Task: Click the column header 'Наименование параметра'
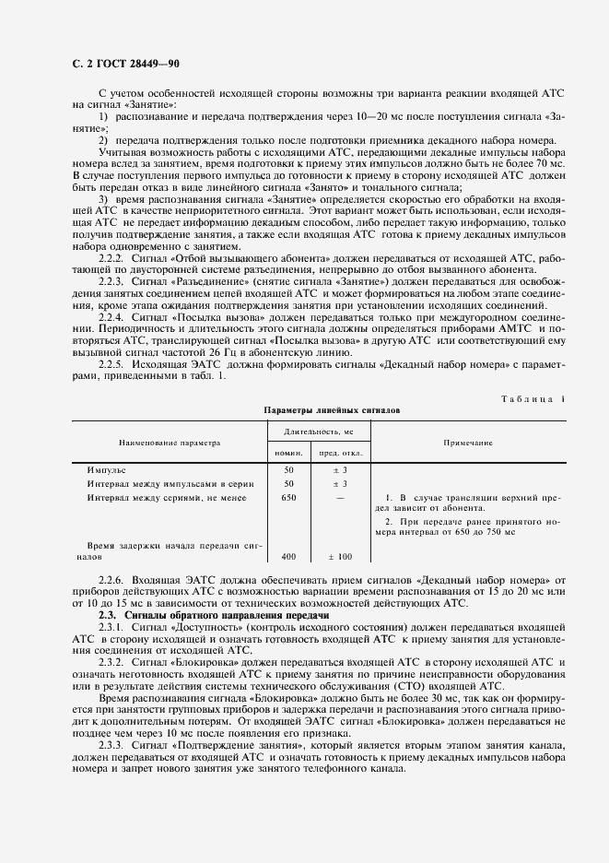tap(169, 443)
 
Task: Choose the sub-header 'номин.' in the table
tap(288, 454)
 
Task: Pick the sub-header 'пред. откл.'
tap(341, 454)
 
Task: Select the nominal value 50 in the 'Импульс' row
tap(288, 469)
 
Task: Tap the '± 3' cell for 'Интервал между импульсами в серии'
tap(340, 483)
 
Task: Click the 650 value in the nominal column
tap(288, 497)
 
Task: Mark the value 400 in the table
tap(288, 557)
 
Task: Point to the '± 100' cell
tap(340, 557)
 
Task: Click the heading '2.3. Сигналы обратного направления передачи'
tap(199, 614)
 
